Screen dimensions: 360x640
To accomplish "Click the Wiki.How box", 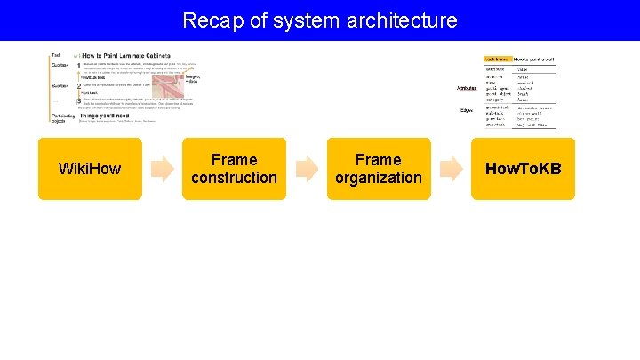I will (90, 169).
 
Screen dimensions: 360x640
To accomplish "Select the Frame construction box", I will (234, 169).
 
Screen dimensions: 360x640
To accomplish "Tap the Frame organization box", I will (378, 169).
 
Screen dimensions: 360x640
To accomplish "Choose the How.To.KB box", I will (523, 169).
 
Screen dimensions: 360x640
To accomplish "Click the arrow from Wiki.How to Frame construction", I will (163, 168).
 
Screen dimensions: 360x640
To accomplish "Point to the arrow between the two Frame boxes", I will (307, 168).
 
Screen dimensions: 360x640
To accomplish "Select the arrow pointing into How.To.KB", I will (451, 168).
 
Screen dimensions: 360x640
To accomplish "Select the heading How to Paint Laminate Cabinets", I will (129, 56).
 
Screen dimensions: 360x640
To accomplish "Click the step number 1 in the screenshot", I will (78, 66).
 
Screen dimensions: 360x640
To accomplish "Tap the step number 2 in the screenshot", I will (78, 86).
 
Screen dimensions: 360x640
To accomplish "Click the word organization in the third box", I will (378, 178).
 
